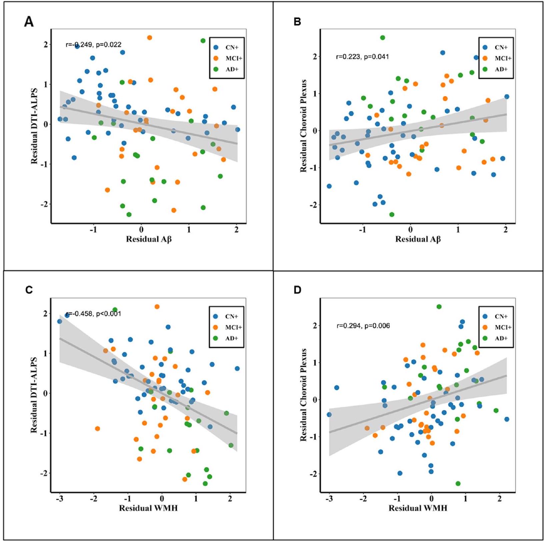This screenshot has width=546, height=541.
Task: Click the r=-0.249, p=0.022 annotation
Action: point(94,45)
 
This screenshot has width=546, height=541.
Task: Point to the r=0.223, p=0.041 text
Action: point(362,57)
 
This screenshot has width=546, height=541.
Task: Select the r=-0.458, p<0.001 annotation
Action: point(94,314)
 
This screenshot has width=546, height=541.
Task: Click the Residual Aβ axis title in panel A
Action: point(149,239)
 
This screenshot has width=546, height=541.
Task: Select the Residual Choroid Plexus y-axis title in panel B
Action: point(303,126)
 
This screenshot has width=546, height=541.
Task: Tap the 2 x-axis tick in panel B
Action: point(506,230)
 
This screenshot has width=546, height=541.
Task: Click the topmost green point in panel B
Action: point(382,38)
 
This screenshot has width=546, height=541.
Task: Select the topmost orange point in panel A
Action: point(149,38)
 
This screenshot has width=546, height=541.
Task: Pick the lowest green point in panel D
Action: point(458,483)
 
